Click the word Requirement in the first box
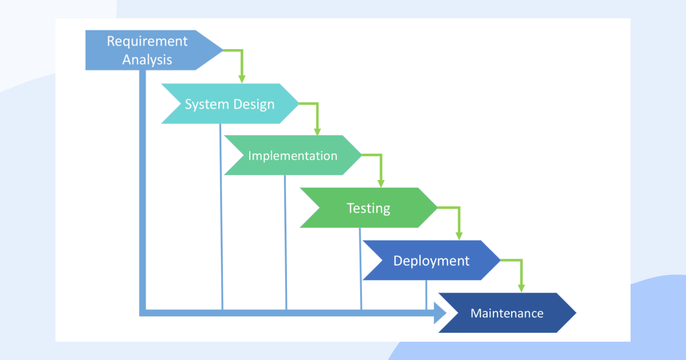pyautogui.click(x=147, y=42)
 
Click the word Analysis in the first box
pyautogui.click(x=147, y=59)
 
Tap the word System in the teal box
pyautogui.click(x=207, y=105)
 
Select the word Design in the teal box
pyautogui.click(x=254, y=105)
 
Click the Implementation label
pyautogui.click(x=293, y=156)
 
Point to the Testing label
pyautogui.click(x=368, y=209)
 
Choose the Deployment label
pyautogui.click(x=431, y=261)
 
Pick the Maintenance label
pyautogui.click(x=507, y=313)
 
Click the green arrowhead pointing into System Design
pyautogui.click(x=242, y=79)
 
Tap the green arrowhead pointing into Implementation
pyautogui.click(x=317, y=131)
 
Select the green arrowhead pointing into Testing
pyautogui.click(x=381, y=183)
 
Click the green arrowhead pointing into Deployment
pyautogui.click(x=459, y=235)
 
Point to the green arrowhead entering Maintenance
pyautogui.click(x=521, y=288)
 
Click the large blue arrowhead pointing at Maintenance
pyautogui.click(x=440, y=313)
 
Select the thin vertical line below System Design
pyautogui.click(x=221, y=217)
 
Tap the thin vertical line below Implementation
pyautogui.click(x=286, y=242)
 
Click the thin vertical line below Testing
pyautogui.click(x=361, y=269)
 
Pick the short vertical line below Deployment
pyautogui.click(x=426, y=295)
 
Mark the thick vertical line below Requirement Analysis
pyautogui.click(x=142, y=190)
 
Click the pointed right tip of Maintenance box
pyautogui.click(x=576, y=313)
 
